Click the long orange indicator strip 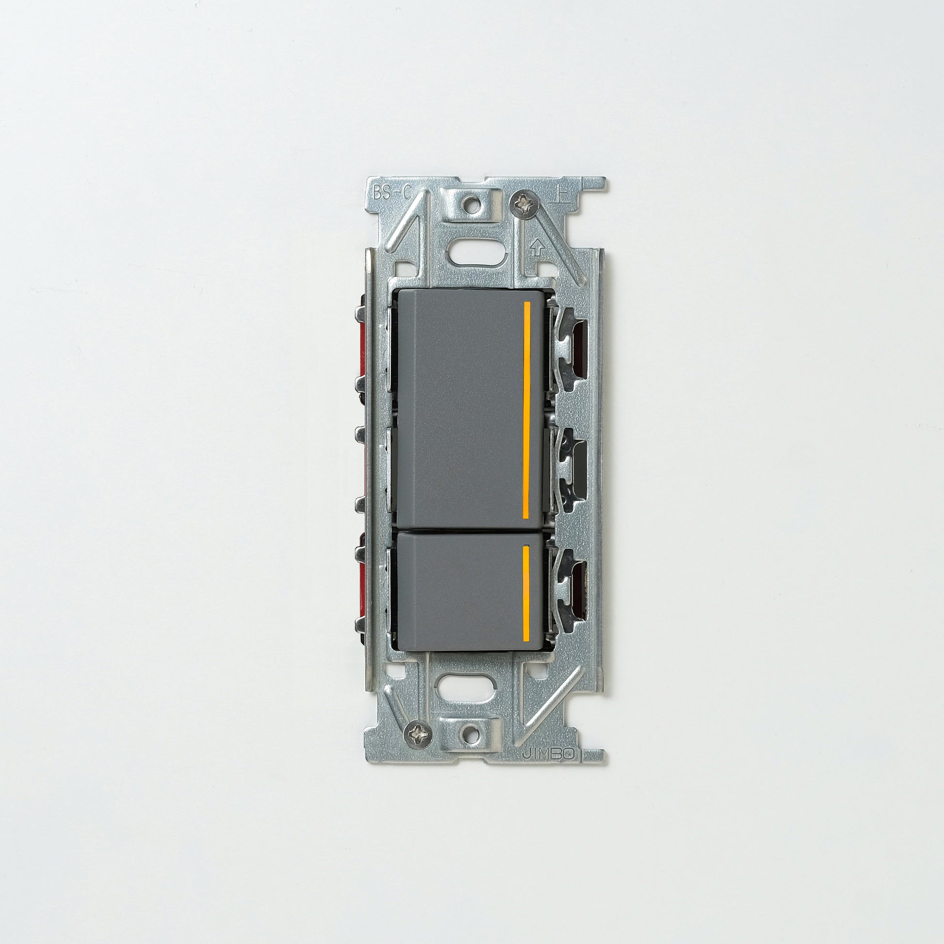click(527, 410)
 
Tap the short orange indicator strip click(526, 593)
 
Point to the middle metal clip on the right click(569, 469)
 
